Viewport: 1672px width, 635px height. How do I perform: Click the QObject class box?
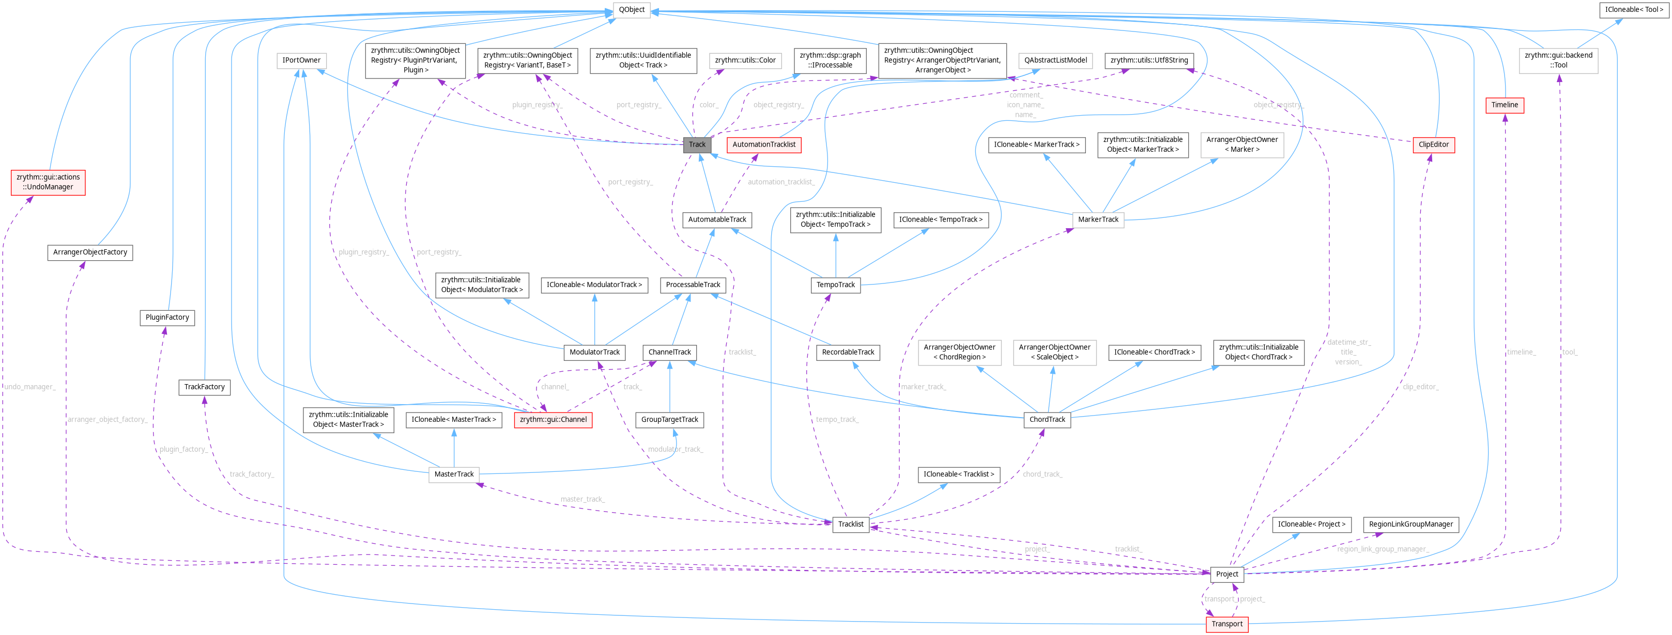pos(631,10)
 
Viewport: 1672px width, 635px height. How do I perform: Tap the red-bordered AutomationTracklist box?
pos(763,145)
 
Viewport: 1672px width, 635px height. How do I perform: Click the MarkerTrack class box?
pos(1098,219)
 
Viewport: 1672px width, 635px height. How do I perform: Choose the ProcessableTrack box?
pos(693,285)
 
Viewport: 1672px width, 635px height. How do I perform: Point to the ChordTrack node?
pos(1047,420)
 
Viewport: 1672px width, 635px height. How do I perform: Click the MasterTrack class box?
pos(454,474)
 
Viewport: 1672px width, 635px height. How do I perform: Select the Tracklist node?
pos(850,524)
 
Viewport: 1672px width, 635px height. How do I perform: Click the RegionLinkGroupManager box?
pos(1410,524)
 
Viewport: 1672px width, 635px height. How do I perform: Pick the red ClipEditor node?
pos(1433,145)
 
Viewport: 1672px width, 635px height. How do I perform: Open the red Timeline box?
pos(1504,105)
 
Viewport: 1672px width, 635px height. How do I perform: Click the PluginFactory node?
pos(167,317)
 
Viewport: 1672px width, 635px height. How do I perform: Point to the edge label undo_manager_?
pos(30,387)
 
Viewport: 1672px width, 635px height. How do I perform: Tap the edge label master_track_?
pos(582,499)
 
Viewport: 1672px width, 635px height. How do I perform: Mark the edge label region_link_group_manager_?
pos(1383,549)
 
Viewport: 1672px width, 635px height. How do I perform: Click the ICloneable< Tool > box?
pos(1634,10)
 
